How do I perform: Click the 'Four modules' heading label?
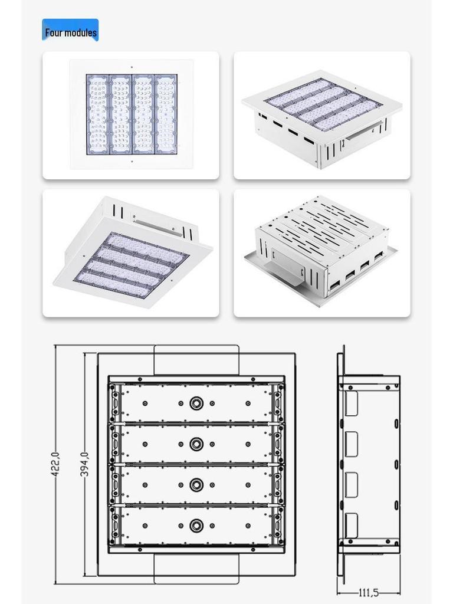[x=70, y=32]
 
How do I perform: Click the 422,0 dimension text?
[x=55, y=464]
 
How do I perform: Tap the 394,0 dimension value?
[x=85, y=464]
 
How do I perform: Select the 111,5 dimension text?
[x=369, y=592]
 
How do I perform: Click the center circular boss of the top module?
[x=196, y=403]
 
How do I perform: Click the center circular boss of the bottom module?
[x=196, y=526]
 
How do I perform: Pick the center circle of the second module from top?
[x=196, y=444]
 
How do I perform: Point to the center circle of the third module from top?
[x=196, y=485]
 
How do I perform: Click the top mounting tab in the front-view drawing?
[x=196, y=360]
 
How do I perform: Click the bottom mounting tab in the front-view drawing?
[x=196, y=569]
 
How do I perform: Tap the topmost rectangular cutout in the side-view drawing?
[x=352, y=403]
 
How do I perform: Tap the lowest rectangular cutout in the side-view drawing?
[x=352, y=525]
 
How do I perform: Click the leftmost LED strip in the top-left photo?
[x=98, y=114]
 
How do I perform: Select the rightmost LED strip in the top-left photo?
[x=166, y=114]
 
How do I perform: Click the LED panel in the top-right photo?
[x=322, y=104]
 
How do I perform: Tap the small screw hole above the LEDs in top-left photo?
[x=131, y=67]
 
